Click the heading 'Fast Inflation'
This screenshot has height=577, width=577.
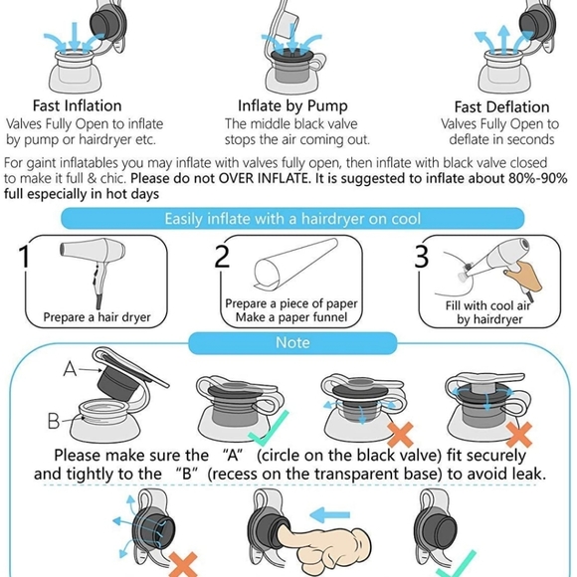(x=77, y=105)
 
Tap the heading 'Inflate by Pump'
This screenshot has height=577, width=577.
(x=292, y=106)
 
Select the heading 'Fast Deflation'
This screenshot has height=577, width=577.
(x=502, y=107)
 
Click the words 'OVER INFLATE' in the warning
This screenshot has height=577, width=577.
(x=263, y=178)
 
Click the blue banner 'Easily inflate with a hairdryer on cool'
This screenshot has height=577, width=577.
(x=292, y=219)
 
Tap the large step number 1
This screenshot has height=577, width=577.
(x=24, y=257)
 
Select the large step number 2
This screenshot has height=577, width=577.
(x=222, y=256)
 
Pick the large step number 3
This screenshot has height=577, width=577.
(x=422, y=256)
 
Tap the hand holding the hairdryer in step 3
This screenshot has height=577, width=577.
(x=523, y=276)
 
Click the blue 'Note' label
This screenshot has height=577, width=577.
(x=292, y=342)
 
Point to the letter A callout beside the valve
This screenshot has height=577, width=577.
(x=70, y=368)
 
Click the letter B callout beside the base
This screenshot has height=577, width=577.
(x=54, y=420)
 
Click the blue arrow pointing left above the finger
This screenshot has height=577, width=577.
(x=329, y=514)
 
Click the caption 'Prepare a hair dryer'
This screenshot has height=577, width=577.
(x=96, y=317)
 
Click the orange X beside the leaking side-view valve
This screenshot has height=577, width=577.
(x=184, y=564)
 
